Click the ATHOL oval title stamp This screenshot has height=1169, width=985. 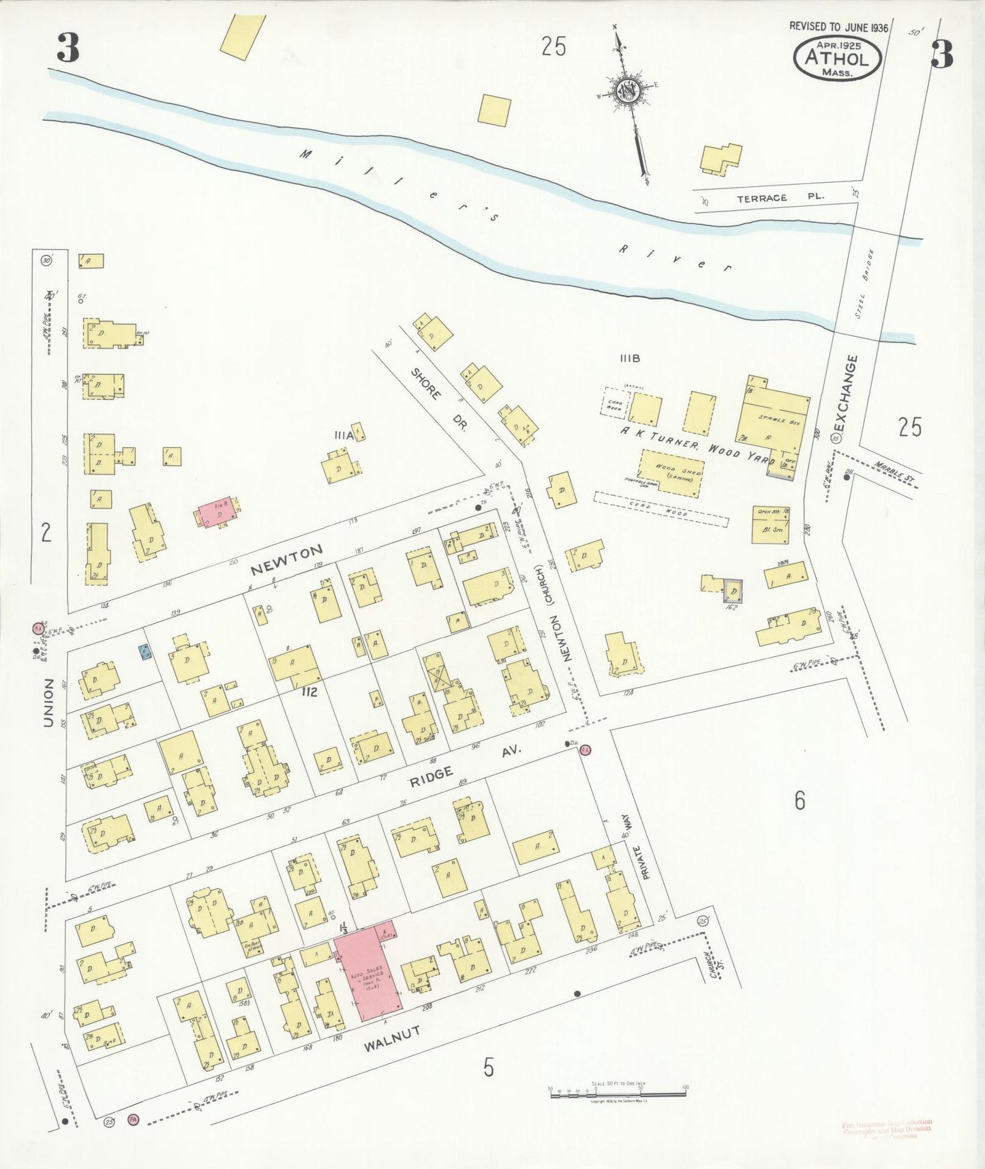[x=837, y=57]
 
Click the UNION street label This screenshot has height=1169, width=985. [x=48, y=702]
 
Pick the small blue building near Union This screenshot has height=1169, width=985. [x=145, y=653]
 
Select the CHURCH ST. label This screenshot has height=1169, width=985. [x=714, y=964]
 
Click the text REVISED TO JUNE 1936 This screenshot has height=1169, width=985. [x=838, y=27]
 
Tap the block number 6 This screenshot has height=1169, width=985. [x=800, y=799]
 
